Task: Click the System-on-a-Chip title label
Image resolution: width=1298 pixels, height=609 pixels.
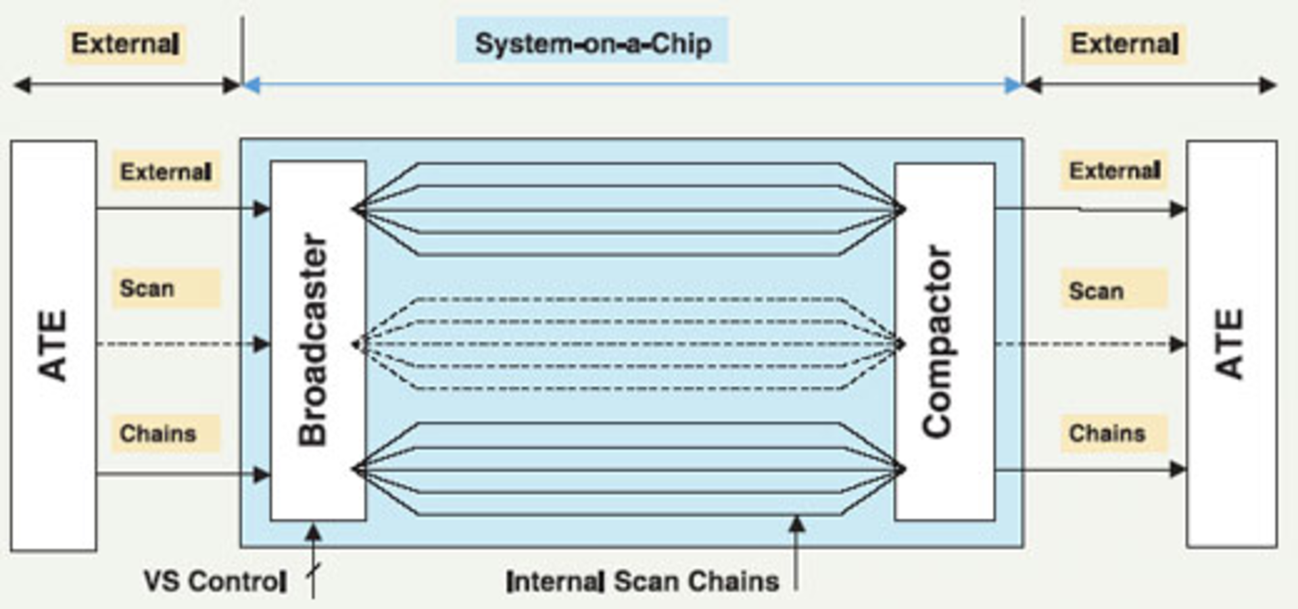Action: (x=592, y=43)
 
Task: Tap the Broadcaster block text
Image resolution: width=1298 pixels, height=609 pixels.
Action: (x=314, y=340)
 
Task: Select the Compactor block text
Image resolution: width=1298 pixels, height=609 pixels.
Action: (x=938, y=341)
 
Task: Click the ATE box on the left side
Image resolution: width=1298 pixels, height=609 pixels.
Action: (x=53, y=345)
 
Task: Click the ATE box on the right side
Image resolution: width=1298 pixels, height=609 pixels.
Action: (x=1230, y=344)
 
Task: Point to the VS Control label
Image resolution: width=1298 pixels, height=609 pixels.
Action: (x=215, y=581)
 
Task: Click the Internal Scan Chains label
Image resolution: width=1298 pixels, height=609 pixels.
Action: (x=642, y=581)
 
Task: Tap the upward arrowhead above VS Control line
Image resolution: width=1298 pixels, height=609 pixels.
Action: (x=313, y=532)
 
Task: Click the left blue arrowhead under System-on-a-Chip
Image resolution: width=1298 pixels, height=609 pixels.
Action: (x=251, y=85)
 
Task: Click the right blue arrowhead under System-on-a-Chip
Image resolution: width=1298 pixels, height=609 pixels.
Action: (x=1013, y=85)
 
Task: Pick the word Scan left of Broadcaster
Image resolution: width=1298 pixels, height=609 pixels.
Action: (x=147, y=289)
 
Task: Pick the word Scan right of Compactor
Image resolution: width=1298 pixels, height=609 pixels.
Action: (x=1096, y=291)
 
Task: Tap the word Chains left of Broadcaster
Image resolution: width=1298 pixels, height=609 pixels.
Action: (x=158, y=433)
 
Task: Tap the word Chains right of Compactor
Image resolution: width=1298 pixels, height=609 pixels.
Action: (x=1107, y=433)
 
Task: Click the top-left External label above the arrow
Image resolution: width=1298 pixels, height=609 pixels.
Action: (x=126, y=44)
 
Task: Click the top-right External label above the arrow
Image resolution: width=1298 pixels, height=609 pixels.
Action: (x=1124, y=44)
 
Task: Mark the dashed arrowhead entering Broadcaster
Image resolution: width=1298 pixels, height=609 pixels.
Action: (x=262, y=345)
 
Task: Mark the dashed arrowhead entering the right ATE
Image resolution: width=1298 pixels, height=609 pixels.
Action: (x=1178, y=345)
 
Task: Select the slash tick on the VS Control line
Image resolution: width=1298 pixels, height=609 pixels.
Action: (x=314, y=571)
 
